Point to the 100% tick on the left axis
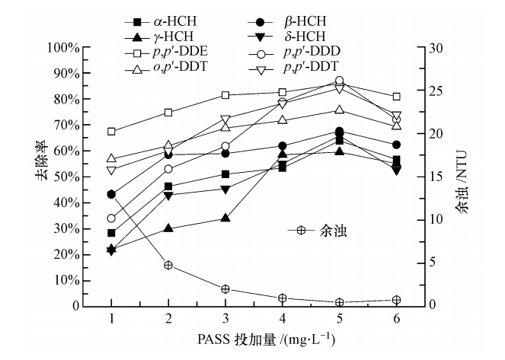click(64, 48)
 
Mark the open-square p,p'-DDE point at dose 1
click(112, 132)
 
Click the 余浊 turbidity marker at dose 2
click(168, 265)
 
